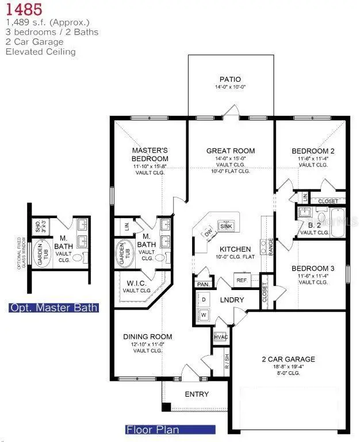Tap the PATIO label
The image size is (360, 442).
[229, 79]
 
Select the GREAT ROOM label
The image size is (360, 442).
[231, 151]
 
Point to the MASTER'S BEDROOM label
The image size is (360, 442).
[150, 155]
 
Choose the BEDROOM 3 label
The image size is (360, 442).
[313, 269]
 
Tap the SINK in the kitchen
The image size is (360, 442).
[226, 227]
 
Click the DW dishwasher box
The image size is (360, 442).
[208, 233]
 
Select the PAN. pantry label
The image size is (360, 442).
[202, 284]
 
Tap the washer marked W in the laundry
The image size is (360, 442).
[204, 315]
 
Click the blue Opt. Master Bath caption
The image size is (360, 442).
[53, 307]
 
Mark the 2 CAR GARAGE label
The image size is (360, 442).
[293, 359]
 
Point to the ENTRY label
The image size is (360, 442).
[196, 394]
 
